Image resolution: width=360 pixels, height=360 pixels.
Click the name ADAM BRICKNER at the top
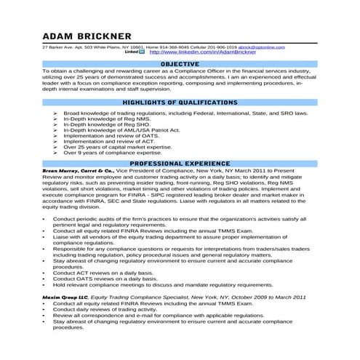(87, 36)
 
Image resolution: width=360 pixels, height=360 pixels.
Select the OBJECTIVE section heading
(179, 64)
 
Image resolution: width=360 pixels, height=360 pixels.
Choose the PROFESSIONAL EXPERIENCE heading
(179, 164)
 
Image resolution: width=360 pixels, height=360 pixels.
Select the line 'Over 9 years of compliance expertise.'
(111, 153)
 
